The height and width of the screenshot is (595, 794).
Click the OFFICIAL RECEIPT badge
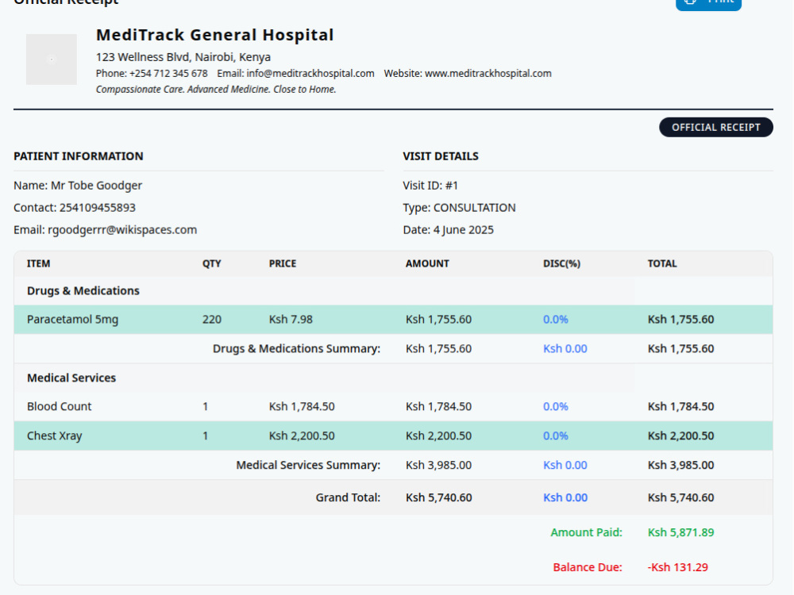(715, 127)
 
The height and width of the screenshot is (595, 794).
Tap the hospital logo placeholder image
(51, 59)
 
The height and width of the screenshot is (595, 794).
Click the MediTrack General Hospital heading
(214, 35)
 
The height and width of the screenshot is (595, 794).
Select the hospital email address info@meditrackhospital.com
(310, 73)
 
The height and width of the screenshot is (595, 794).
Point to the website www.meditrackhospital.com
(488, 73)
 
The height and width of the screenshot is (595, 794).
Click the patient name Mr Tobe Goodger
(96, 186)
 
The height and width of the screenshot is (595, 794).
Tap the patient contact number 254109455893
(97, 207)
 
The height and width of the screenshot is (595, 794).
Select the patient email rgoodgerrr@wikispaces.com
(122, 230)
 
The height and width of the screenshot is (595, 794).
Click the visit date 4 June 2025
(464, 230)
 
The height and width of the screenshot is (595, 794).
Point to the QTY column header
(212, 263)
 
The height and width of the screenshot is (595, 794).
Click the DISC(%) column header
(561, 263)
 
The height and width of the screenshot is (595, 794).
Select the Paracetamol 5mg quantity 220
(212, 319)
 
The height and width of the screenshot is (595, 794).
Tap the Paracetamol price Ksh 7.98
(291, 319)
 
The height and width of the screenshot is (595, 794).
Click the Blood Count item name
(60, 406)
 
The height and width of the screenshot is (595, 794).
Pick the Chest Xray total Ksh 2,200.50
(680, 436)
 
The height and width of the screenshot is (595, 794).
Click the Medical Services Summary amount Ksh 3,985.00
(438, 465)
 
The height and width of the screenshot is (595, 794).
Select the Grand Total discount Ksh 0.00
(565, 497)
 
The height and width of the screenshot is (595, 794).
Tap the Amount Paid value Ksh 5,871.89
(680, 532)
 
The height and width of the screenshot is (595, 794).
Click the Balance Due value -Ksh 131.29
(677, 567)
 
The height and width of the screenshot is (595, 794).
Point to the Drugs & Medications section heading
(83, 291)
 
